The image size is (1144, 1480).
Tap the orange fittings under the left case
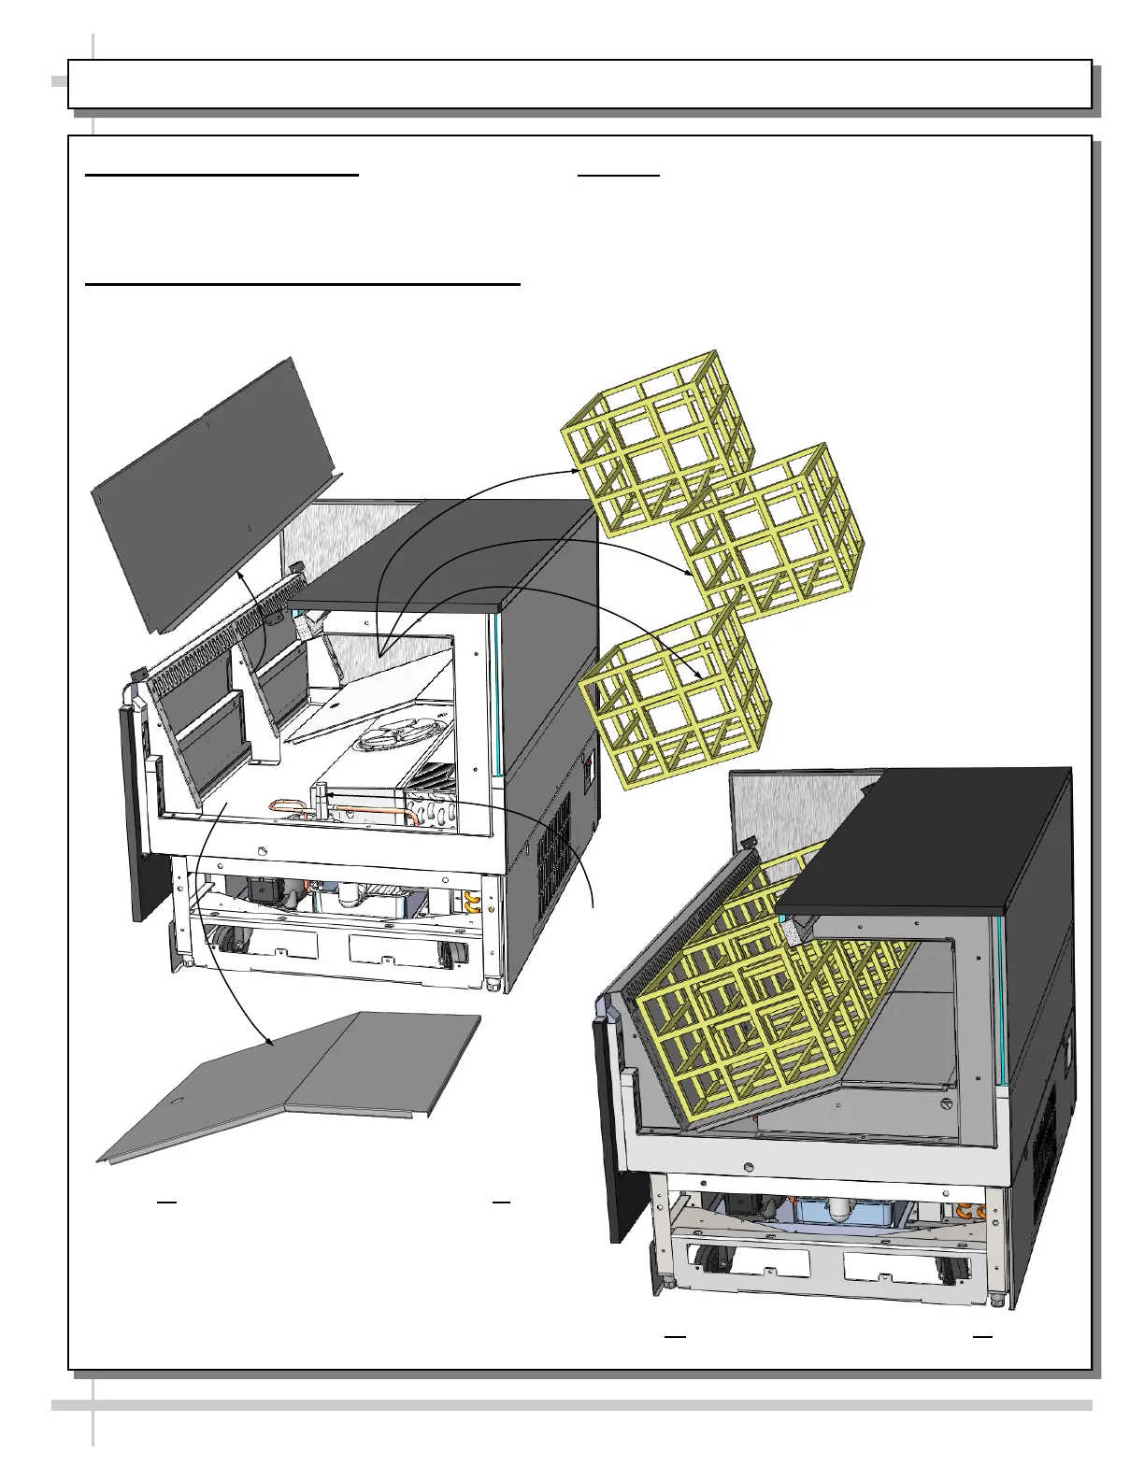click(472, 902)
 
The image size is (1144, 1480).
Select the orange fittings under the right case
click(972, 1212)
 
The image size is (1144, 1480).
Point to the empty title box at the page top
click(579, 84)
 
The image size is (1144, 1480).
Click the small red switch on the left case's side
click(588, 769)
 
